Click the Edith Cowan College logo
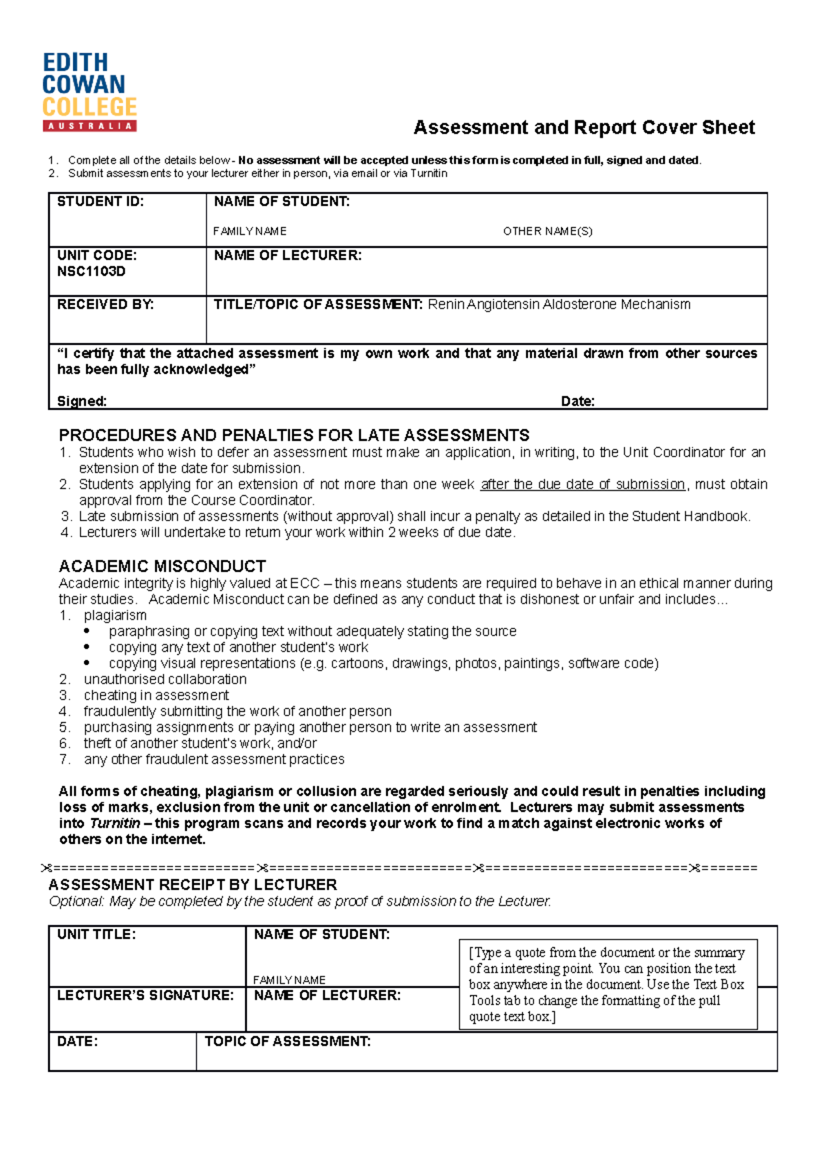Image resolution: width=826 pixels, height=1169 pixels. point(89,92)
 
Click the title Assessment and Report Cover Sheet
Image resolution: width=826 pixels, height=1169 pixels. point(584,127)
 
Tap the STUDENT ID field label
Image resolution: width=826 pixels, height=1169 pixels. point(100,202)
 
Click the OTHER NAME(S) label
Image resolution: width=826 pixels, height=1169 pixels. point(547,231)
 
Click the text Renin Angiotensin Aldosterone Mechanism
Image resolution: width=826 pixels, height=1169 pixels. point(559,304)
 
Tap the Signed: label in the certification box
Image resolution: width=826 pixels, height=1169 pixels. point(81,401)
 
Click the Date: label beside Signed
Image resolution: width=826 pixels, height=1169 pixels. point(578,401)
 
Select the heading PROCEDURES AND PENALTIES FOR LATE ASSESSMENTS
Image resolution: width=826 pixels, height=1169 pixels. point(294,435)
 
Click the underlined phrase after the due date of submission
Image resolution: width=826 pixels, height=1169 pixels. point(582,484)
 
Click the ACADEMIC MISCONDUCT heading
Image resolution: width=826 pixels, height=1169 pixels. point(162,566)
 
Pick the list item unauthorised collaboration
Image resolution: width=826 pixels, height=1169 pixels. point(165,679)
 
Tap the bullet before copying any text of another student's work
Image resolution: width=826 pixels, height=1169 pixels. point(87,647)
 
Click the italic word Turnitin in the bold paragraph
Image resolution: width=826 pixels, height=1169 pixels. point(115,823)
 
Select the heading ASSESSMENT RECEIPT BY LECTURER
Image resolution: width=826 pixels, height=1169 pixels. point(193,885)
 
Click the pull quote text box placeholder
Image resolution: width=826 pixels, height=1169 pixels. point(607,984)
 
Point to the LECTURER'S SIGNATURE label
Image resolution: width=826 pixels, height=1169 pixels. point(145,996)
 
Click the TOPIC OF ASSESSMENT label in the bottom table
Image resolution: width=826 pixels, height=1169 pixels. point(288,1042)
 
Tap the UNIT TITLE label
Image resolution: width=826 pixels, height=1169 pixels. point(96,934)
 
